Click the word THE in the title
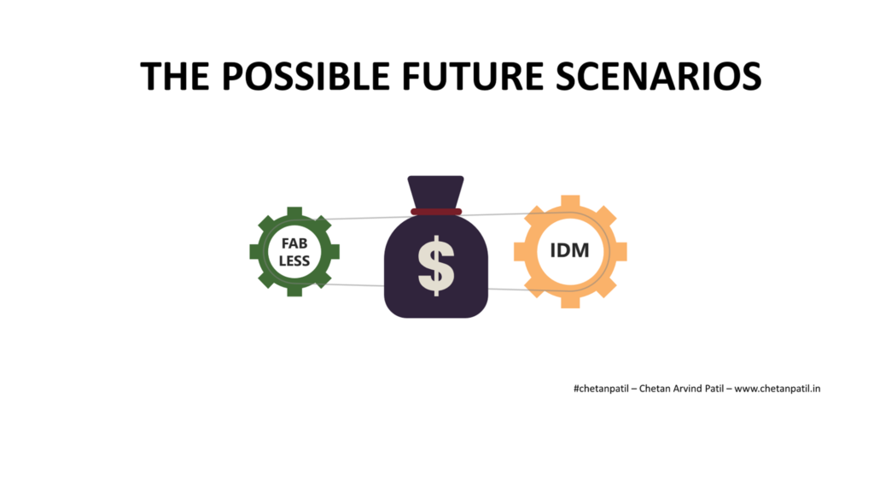point(174,76)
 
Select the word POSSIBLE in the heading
point(306,76)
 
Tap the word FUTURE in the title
point(472,76)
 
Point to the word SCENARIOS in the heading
point(658,76)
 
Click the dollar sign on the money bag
point(436,266)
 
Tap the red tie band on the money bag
point(436,212)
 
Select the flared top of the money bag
point(436,192)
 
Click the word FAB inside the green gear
point(294,243)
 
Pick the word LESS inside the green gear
point(294,261)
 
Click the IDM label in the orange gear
point(569,250)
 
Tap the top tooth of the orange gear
point(570,202)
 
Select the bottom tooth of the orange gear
point(570,301)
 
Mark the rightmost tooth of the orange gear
point(620,252)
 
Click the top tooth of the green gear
point(294,213)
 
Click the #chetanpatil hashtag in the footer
point(601,389)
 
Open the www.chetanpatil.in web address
point(777,389)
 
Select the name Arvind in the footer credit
point(688,389)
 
